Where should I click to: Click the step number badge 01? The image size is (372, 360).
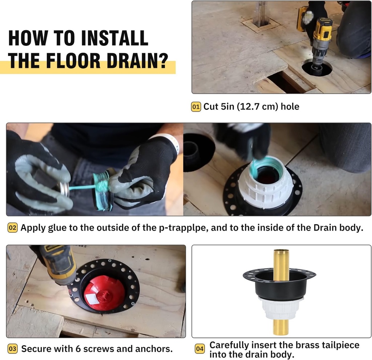pyautogui.click(x=196, y=107)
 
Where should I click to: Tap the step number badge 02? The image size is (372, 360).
pyautogui.click(x=12, y=228)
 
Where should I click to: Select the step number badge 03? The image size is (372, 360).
pyautogui.click(x=12, y=349)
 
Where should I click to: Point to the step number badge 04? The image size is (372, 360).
pyautogui.click(x=200, y=349)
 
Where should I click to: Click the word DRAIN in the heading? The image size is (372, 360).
pyautogui.click(x=122, y=61)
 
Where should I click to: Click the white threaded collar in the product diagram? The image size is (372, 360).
pyautogui.click(x=281, y=308)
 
